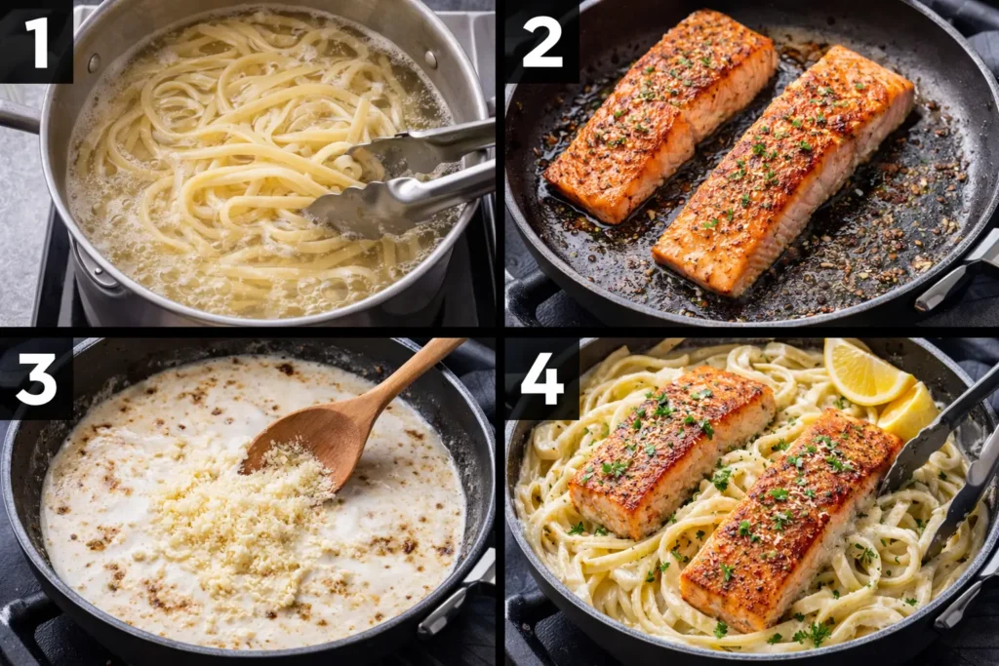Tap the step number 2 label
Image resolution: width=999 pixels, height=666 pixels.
click(541, 42)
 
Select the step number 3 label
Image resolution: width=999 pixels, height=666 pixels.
click(36, 379)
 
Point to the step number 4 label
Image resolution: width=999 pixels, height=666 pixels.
click(541, 379)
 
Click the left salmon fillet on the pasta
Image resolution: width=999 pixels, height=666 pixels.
click(672, 449)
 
